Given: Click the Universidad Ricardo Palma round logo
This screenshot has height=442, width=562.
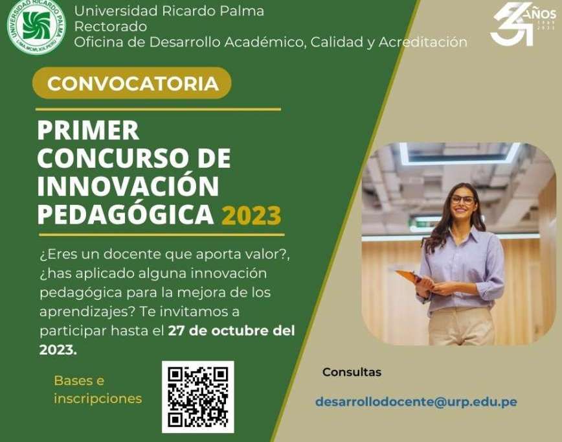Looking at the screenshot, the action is [x=36, y=25].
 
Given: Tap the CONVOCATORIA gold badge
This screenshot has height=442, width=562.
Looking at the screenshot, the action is [x=132, y=83].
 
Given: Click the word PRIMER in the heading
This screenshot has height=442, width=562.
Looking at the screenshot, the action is [x=88, y=130].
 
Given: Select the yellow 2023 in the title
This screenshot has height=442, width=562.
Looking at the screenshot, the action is [x=251, y=215].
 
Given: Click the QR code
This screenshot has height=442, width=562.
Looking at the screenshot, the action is [x=198, y=397].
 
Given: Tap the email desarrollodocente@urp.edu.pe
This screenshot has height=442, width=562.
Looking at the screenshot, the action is [x=416, y=402].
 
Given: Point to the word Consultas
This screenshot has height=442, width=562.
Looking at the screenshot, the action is [x=352, y=372].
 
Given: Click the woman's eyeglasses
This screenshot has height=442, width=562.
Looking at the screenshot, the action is [x=462, y=200].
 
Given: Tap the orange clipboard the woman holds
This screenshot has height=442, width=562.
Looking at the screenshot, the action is [x=407, y=276].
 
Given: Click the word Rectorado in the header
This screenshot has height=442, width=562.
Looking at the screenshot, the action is [x=110, y=27].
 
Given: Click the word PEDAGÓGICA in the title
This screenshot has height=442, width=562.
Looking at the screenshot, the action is [x=126, y=215].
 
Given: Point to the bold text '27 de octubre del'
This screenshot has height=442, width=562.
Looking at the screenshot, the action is [x=231, y=331].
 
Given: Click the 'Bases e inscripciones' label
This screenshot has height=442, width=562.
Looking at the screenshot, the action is [x=98, y=390].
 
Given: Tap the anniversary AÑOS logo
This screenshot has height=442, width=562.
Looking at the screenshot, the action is [x=523, y=24].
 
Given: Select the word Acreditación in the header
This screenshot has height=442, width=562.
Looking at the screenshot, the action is [x=423, y=42].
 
